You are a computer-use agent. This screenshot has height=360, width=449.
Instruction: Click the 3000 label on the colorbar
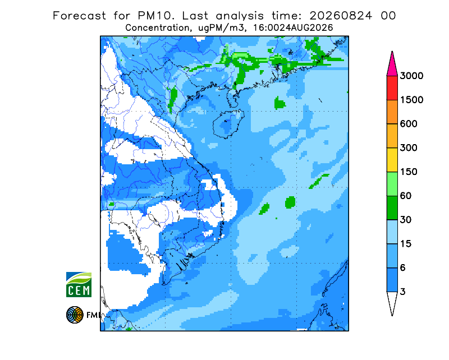(x=411, y=76)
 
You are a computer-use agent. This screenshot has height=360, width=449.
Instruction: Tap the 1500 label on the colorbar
(x=411, y=100)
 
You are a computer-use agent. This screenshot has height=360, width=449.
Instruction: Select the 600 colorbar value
(x=409, y=124)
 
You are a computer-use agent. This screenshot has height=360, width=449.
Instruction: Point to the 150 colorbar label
(x=409, y=172)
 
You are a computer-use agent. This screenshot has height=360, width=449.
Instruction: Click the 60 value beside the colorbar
(x=406, y=196)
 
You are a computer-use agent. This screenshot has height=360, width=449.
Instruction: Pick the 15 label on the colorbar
(x=406, y=244)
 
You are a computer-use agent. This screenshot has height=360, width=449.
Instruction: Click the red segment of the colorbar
(x=392, y=88)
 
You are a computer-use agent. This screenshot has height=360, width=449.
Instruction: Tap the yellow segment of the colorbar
(x=392, y=160)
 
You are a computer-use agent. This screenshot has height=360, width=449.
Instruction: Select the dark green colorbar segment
(x=392, y=208)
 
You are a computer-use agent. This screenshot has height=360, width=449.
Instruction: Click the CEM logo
(x=79, y=284)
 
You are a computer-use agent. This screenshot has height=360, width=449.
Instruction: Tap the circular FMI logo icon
(x=75, y=315)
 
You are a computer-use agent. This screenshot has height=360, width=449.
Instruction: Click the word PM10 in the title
(x=156, y=16)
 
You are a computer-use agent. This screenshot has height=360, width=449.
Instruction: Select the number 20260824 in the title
(x=341, y=16)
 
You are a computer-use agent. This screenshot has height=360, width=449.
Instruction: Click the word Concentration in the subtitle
(x=158, y=28)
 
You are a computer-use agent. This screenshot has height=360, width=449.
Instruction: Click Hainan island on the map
(x=228, y=124)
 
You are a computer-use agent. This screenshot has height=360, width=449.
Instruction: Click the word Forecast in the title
(x=79, y=16)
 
